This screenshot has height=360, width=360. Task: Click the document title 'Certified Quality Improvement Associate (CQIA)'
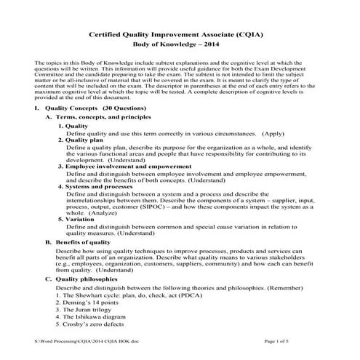(x=180, y=33)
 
